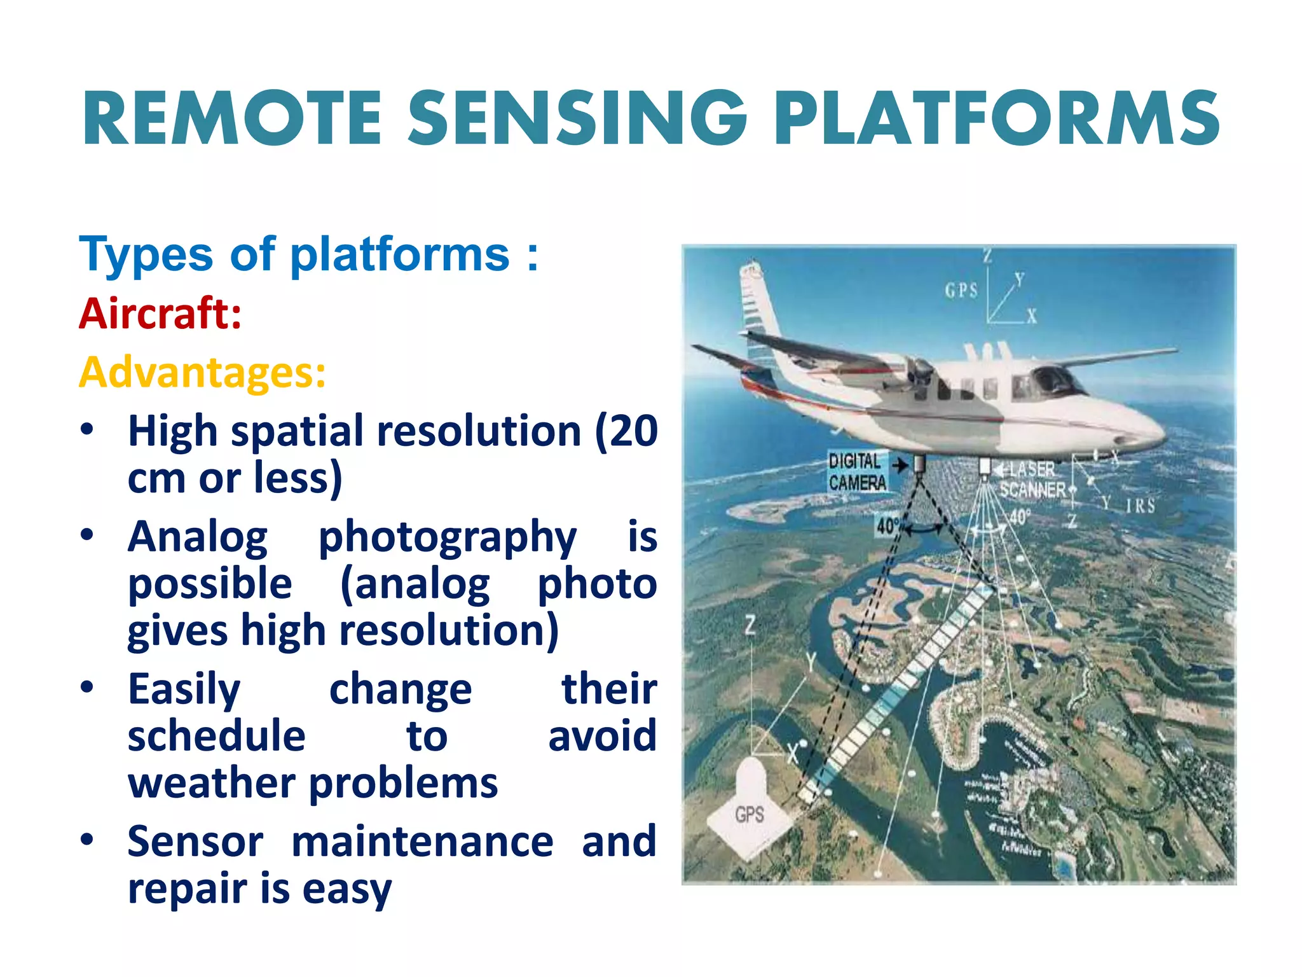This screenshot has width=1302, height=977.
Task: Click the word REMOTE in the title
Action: pyautogui.click(x=232, y=118)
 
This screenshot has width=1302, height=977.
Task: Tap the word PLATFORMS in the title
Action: pyautogui.click(x=997, y=118)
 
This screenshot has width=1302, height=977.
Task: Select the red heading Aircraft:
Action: pyautogui.click(x=160, y=314)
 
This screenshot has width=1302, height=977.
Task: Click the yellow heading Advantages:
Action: pyautogui.click(x=202, y=372)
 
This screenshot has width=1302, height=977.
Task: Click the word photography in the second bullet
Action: pyautogui.click(x=447, y=536)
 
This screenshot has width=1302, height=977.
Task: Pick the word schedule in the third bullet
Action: pyautogui.click(x=216, y=735)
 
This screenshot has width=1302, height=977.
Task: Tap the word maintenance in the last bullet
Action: pyautogui.click(x=422, y=841)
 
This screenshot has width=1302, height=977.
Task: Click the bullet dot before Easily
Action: pyautogui.click(x=87, y=688)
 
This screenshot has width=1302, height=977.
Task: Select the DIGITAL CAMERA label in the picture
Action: pyautogui.click(x=856, y=472)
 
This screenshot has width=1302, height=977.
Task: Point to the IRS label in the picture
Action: pyautogui.click(x=1140, y=506)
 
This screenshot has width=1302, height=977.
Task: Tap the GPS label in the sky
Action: pyautogui.click(x=961, y=291)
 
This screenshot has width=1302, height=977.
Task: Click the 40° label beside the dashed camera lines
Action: pyautogui.click(x=887, y=526)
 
